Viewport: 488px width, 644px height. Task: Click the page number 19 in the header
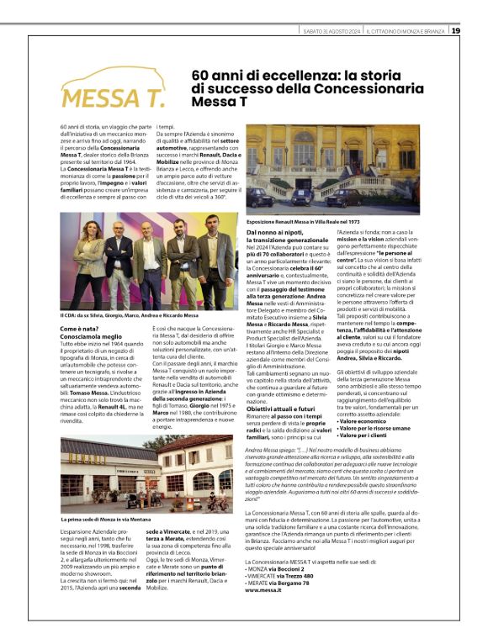[455, 31]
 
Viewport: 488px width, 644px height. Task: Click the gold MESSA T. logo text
[114, 98]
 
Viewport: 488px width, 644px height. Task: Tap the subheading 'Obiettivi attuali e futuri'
[279, 407]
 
